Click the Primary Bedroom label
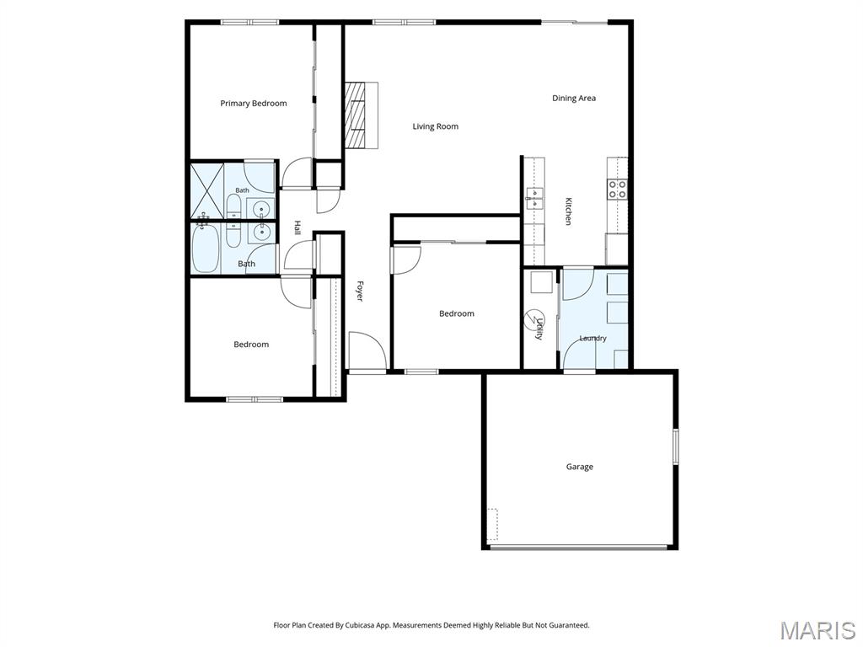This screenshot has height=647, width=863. point(253,104)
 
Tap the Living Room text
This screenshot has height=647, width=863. point(436,126)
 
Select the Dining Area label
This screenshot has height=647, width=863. point(574,99)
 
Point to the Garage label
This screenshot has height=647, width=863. point(580,467)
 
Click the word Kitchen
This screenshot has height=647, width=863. point(568,211)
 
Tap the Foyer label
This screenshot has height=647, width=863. point(359,291)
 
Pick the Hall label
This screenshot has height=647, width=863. point(297,227)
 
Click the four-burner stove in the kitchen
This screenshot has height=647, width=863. point(618,190)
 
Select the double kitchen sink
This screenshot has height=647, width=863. point(533,198)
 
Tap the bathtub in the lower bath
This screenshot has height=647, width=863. point(206,249)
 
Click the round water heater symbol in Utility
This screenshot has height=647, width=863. point(533,318)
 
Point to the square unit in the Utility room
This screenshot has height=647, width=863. point(542,283)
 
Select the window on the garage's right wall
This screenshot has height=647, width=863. point(676,446)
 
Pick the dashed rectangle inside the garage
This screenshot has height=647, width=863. point(492,524)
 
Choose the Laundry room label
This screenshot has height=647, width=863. point(592,339)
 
